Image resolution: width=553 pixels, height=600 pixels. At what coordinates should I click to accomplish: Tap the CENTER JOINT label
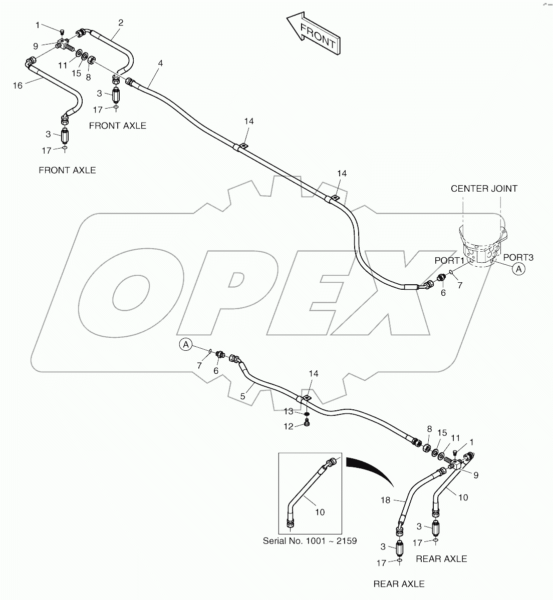(x=484, y=189)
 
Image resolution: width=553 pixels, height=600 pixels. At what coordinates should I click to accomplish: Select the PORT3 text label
(x=518, y=257)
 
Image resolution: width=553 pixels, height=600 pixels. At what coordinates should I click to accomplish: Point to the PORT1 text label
(x=449, y=260)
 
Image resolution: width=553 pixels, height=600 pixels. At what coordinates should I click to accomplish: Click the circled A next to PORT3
(x=519, y=269)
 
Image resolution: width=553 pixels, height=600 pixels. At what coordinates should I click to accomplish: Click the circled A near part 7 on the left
(x=186, y=344)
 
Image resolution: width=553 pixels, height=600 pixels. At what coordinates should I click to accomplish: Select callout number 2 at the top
(x=121, y=22)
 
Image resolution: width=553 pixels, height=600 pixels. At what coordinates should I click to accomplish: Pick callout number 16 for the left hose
(x=18, y=86)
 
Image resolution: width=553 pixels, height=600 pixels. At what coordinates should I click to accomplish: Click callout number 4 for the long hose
(x=160, y=63)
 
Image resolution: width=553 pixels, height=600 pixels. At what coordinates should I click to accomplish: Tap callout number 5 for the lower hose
(x=242, y=396)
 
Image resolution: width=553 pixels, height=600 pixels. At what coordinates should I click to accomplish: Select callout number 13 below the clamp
(x=289, y=411)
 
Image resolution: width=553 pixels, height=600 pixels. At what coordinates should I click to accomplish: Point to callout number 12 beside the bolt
(x=289, y=427)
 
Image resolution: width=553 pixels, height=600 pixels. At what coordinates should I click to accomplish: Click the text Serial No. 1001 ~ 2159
(x=310, y=541)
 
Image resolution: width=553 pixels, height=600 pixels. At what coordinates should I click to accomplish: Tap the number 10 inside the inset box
(x=320, y=512)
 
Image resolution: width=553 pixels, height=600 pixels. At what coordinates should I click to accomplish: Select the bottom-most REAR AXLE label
(x=399, y=584)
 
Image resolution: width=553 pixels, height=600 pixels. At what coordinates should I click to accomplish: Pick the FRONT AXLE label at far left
(x=67, y=170)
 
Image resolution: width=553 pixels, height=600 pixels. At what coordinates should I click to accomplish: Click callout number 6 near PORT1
(x=443, y=293)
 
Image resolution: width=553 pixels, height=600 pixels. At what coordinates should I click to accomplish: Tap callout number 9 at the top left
(x=36, y=46)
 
